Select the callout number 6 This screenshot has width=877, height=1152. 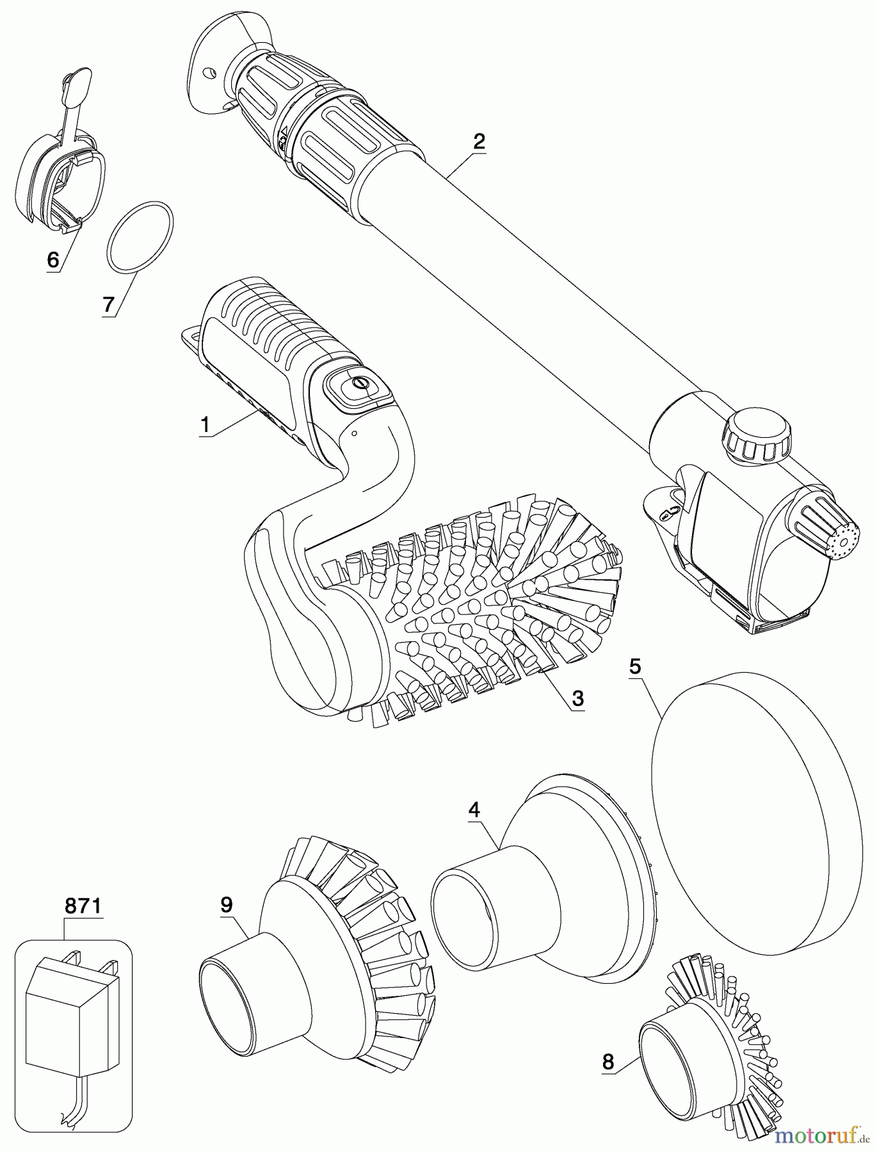[x=53, y=259]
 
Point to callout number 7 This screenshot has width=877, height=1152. [x=108, y=305]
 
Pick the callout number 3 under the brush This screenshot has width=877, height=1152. [x=577, y=699]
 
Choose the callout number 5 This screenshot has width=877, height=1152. [x=634, y=666]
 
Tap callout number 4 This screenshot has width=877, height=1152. [x=474, y=810]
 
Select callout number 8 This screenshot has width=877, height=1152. [x=607, y=1062]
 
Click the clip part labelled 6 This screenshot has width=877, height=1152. [x=58, y=166]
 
